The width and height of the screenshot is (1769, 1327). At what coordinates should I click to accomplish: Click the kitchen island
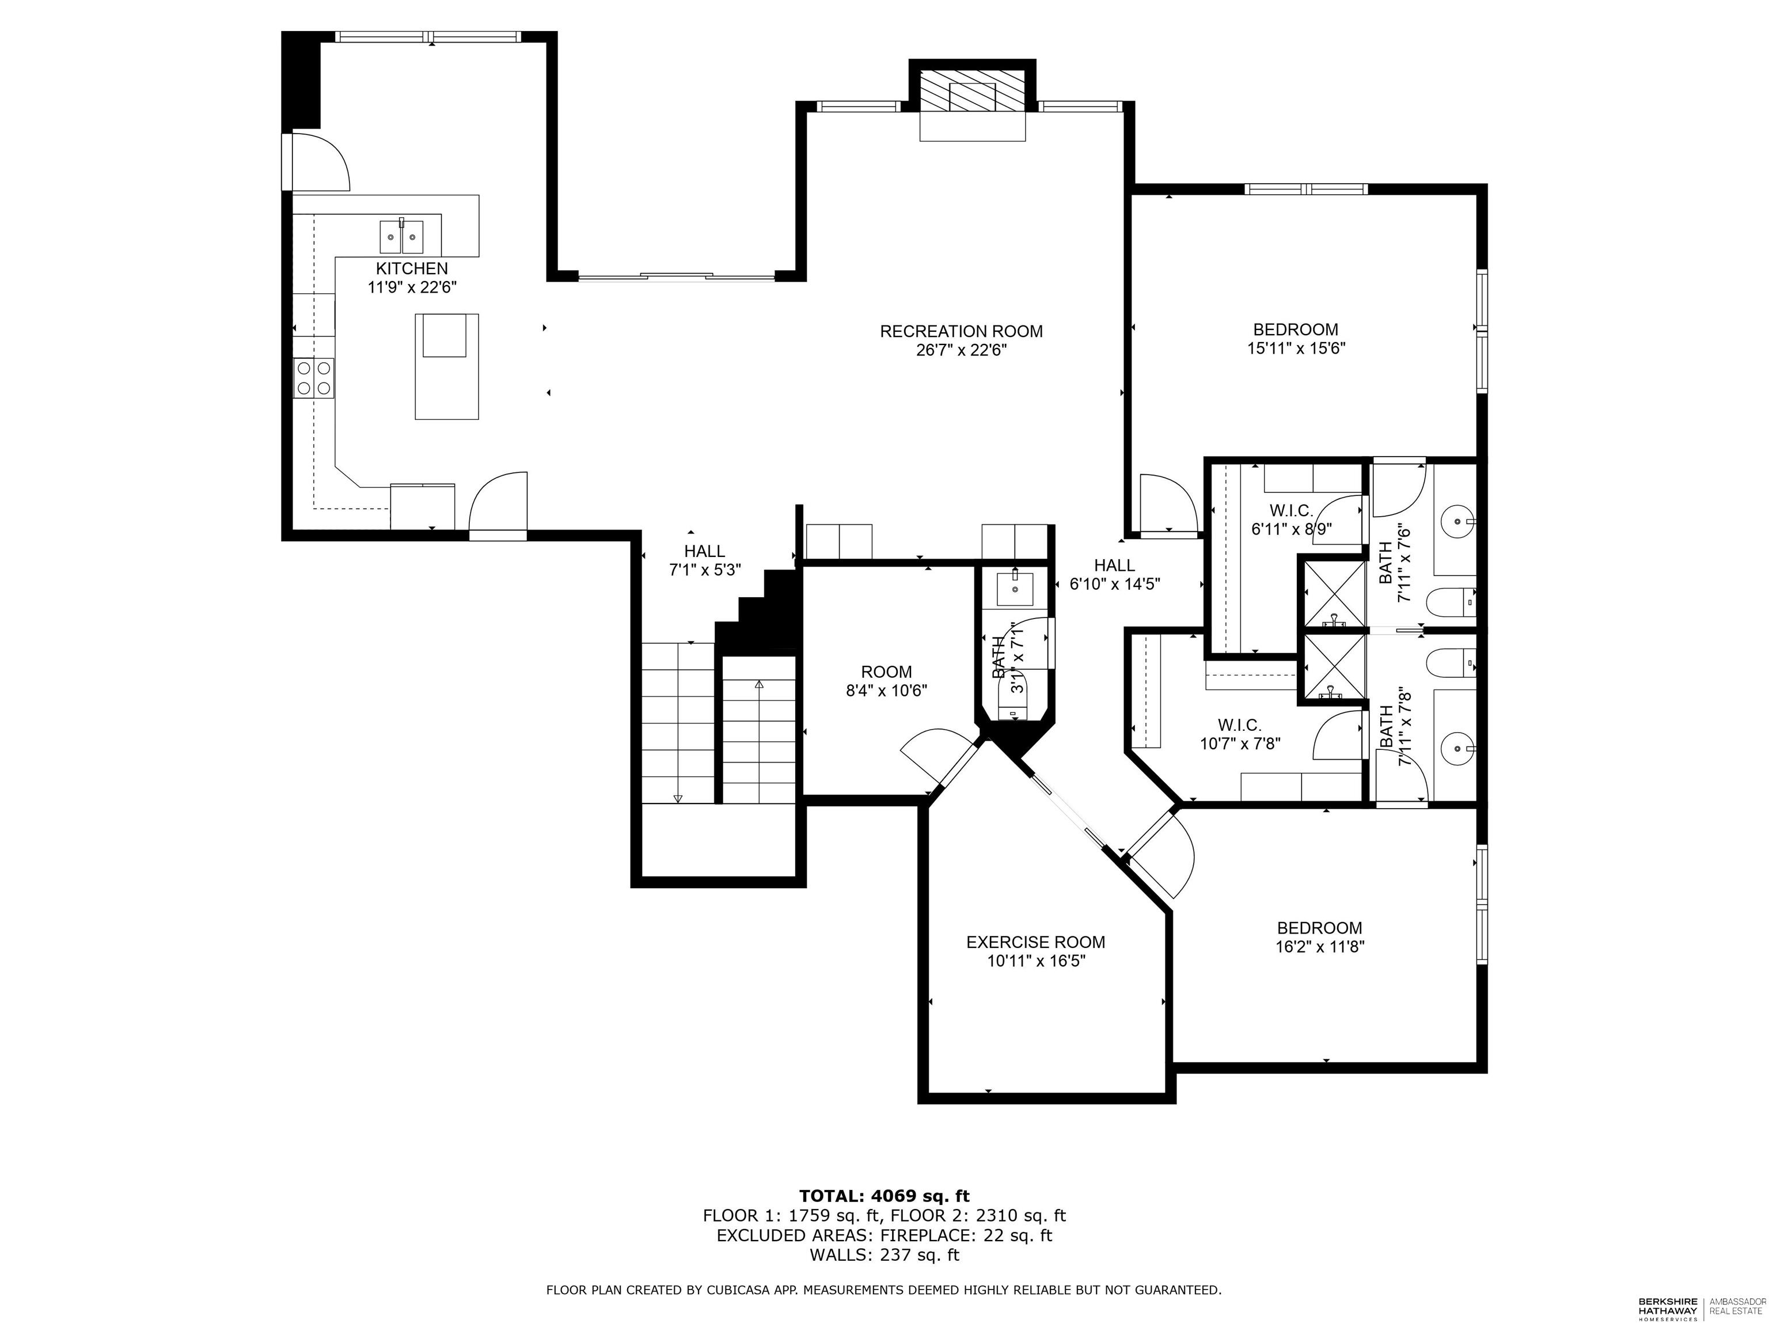point(446,366)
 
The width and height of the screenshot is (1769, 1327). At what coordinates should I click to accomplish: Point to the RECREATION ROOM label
point(961,331)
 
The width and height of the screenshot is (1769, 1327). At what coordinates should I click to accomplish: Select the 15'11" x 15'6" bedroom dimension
point(1296,349)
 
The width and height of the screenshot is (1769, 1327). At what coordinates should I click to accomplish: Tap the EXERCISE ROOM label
point(1035,942)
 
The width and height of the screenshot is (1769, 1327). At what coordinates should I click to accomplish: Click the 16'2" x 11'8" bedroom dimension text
point(1320,947)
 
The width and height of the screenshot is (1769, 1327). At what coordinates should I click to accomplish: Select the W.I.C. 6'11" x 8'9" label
point(1291,519)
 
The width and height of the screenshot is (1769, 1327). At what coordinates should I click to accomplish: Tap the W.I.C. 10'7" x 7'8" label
point(1240,734)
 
